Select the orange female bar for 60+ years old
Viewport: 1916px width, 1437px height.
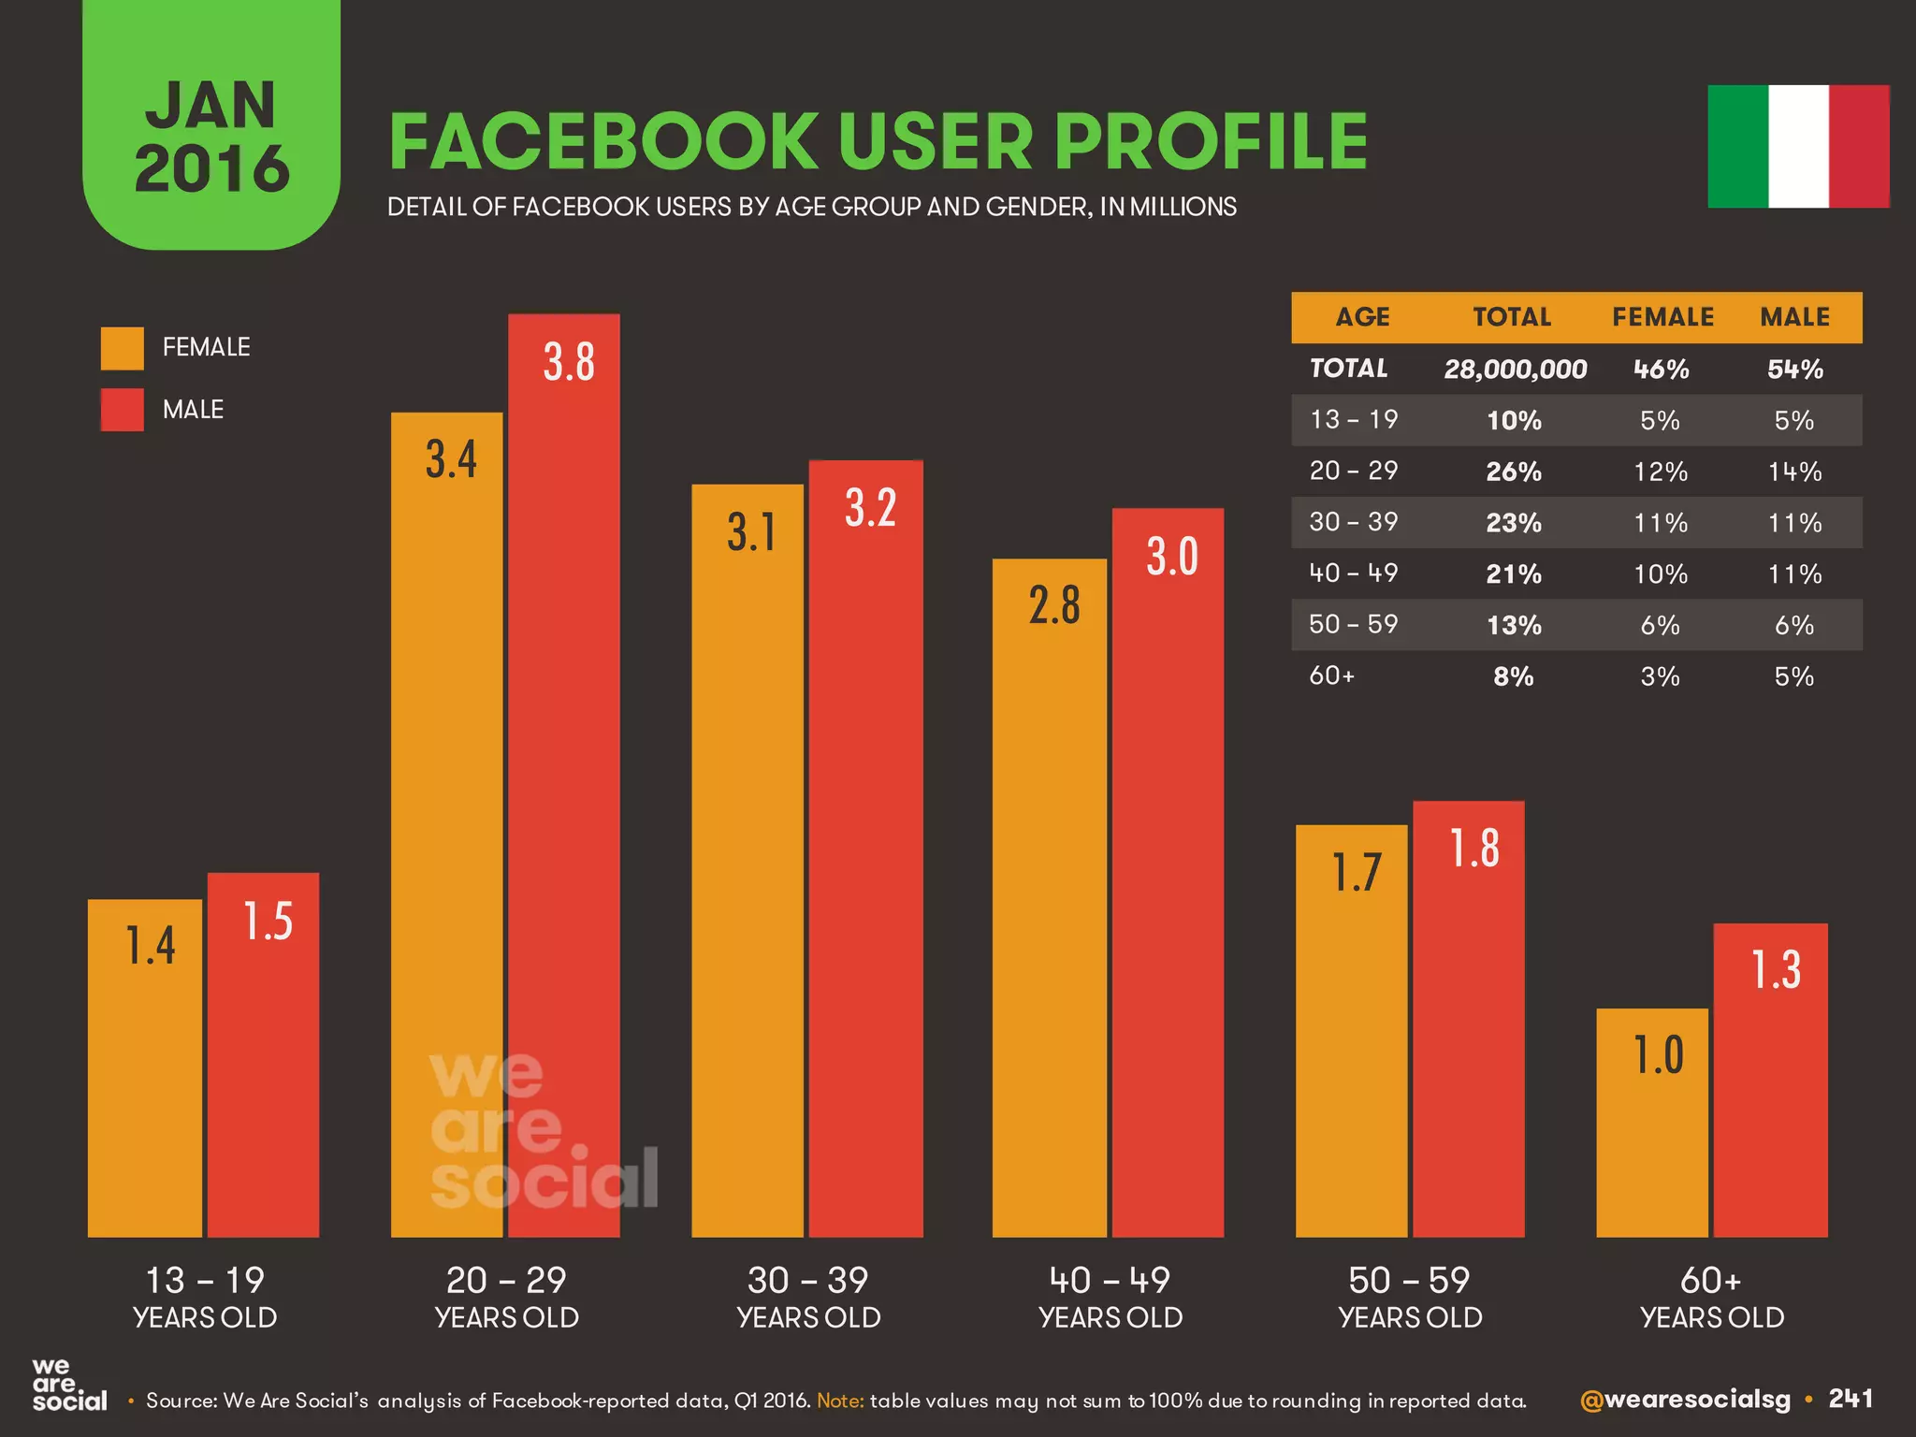tap(1652, 1123)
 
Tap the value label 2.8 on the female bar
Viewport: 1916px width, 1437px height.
tap(1054, 605)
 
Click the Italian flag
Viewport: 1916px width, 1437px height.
tap(1798, 146)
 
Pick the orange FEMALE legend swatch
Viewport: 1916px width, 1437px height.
tap(123, 348)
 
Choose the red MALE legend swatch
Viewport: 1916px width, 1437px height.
tap(123, 410)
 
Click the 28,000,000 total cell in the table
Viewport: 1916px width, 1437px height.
tap(1515, 370)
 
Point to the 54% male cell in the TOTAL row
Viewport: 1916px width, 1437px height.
tap(1794, 370)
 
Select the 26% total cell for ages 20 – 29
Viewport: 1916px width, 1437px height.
tap(1514, 472)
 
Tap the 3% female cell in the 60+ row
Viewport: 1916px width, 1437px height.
tap(1660, 676)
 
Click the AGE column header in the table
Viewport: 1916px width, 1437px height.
tap(1362, 317)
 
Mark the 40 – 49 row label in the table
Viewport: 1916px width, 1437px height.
tap(1353, 573)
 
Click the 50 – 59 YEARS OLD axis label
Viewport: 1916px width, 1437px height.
tap(1410, 1298)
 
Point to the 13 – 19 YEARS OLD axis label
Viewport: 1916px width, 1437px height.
tap(205, 1298)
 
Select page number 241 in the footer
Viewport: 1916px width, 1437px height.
tap(1851, 1399)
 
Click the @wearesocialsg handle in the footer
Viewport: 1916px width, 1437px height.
tap(1684, 1400)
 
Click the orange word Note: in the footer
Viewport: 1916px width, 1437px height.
tap(840, 1401)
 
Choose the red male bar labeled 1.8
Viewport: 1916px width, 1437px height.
tap(1469, 1020)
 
